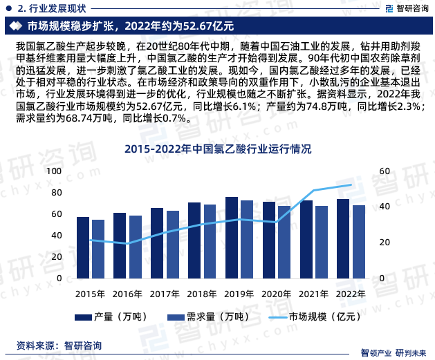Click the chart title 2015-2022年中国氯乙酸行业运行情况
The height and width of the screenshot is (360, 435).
click(217, 148)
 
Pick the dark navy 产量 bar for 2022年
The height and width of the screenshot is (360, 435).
click(342, 238)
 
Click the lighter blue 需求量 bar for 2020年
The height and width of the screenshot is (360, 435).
click(284, 242)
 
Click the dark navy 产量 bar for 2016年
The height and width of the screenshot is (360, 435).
click(120, 245)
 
